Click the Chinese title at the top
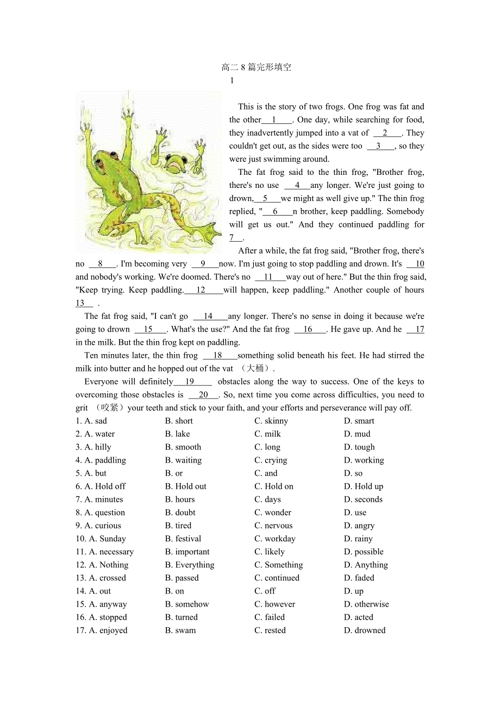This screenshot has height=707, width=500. (257, 67)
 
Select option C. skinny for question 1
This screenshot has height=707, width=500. (271, 421)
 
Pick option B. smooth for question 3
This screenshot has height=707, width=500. (183, 447)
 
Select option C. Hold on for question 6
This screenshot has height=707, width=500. (274, 487)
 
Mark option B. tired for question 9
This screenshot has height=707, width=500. (178, 526)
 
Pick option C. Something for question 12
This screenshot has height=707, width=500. (279, 565)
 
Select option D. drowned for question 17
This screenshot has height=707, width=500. (365, 630)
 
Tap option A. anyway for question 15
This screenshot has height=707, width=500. (101, 604)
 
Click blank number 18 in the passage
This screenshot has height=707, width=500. (218, 356)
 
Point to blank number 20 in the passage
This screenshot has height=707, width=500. (203, 395)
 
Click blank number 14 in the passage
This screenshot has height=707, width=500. (208, 316)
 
